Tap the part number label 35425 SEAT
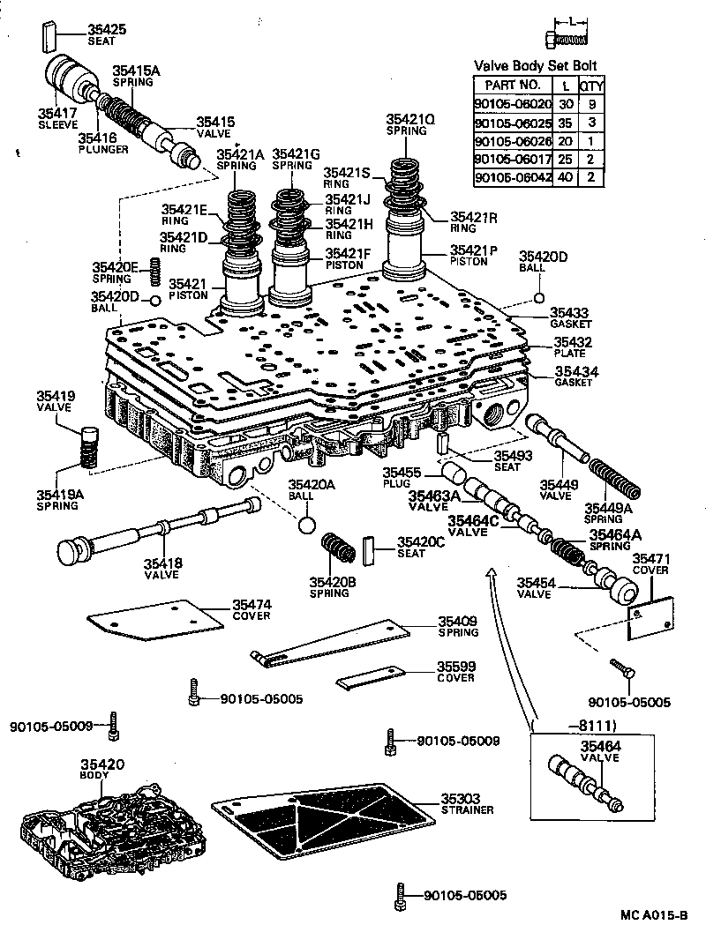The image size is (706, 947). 106,34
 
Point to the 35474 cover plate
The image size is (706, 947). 154,618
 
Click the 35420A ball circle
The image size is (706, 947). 305,525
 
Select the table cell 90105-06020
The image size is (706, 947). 512,103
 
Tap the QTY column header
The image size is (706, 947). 590,86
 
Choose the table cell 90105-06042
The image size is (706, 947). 512,177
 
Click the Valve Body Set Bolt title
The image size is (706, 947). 536,65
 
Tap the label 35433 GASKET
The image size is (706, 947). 569,317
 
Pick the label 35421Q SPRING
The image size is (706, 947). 410,124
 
